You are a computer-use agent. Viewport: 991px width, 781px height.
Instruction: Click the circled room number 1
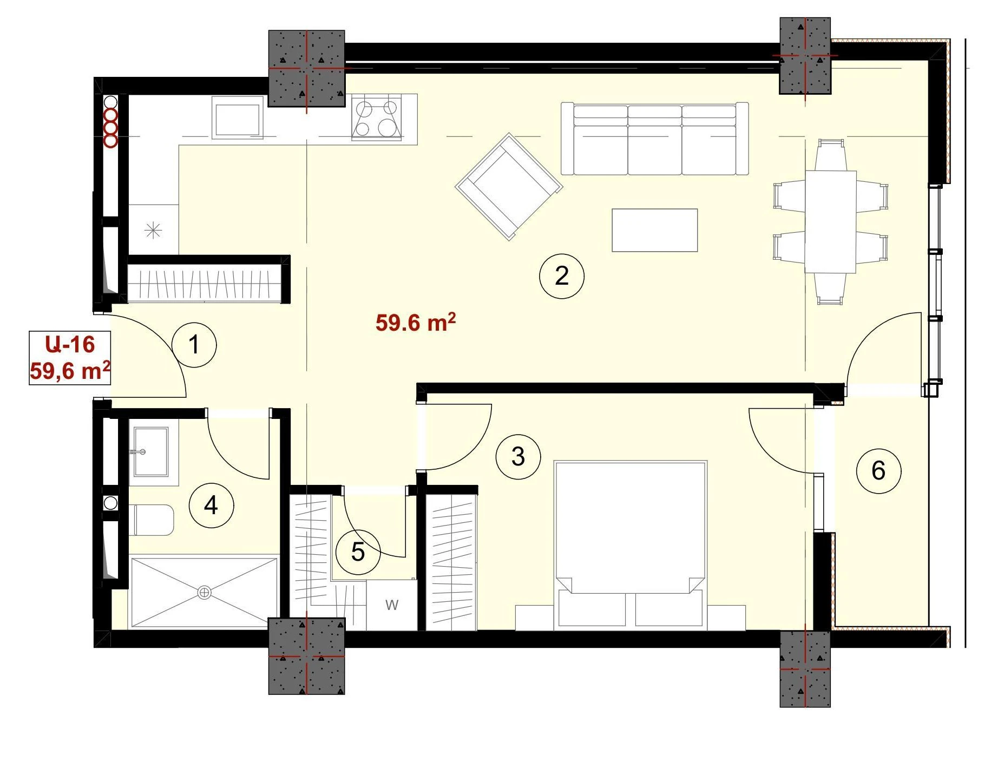pyautogui.click(x=194, y=345)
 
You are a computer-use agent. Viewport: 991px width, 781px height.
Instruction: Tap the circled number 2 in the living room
pyautogui.click(x=562, y=276)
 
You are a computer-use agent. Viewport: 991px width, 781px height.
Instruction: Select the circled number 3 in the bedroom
pyautogui.click(x=518, y=457)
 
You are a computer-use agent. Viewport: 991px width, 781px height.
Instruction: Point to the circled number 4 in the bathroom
pyautogui.click(x=211, y=506)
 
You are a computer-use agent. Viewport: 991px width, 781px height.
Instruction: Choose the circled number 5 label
pyautogui.click(x=358, y=552)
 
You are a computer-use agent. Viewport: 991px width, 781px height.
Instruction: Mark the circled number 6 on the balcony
pyautogui.click(x=878, y=470)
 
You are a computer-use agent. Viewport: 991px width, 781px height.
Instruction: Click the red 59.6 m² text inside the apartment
pyautogui.click(x=415, y=323)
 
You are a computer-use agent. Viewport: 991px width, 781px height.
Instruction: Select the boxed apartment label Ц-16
pyautogui.click(x=70, y=344)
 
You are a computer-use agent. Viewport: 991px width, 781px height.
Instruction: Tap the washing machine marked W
pyautogui.click(x=392, y=605)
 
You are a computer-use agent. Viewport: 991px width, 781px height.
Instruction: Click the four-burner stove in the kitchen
pyautogui.click(x=377, y=117)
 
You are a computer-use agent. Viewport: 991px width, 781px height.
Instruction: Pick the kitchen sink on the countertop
pyautogui.click(x=238, y=117)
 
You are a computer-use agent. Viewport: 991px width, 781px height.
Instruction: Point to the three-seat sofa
pyautogui.click(x=655, y=139)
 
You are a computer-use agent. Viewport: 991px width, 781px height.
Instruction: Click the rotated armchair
pyautogui.click(x=509, y=187)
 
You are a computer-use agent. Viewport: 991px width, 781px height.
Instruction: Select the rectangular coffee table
pyautogui.click(x=654, y=230)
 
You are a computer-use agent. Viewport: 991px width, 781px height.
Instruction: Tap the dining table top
pyautogui.click(x=830, y=222)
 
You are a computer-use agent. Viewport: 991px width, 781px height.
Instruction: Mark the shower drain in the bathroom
pyautogui.click(x=204, y=593)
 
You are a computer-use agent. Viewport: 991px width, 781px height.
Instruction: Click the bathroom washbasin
pyautogui.click(x=150, y=451)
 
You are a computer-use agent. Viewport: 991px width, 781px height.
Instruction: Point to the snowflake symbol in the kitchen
pyautogui.click(x=154, y=231)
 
